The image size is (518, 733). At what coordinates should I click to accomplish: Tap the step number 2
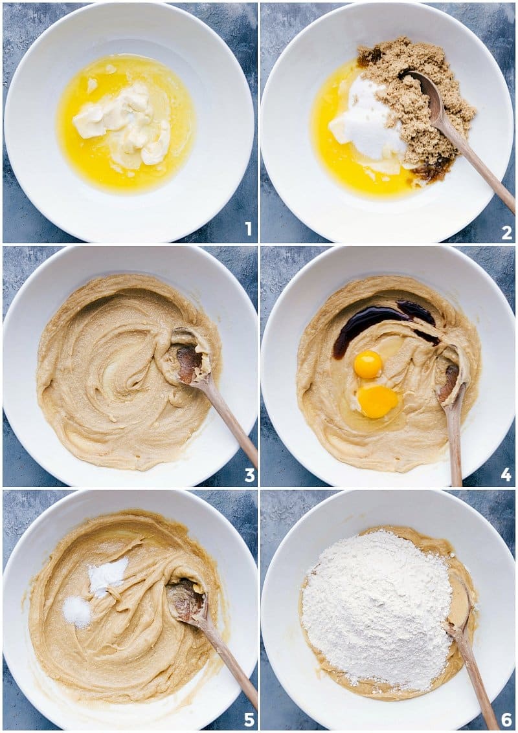(x=506, y=232)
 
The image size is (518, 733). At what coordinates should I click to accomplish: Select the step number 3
(x=249, y=476)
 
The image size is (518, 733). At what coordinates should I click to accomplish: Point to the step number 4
(x=506, y=476)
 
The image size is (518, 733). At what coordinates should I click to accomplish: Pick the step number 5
(x=249, y=719)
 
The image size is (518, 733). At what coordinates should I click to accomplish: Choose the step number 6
(x=506, y=719)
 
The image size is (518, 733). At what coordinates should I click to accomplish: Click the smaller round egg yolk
(x=368, y=364)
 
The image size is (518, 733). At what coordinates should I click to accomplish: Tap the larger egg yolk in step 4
(x=377, y=401)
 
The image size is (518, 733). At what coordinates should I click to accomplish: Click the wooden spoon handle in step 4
(x=455, y=440)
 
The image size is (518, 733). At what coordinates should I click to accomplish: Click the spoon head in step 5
(x=186, y=600)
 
